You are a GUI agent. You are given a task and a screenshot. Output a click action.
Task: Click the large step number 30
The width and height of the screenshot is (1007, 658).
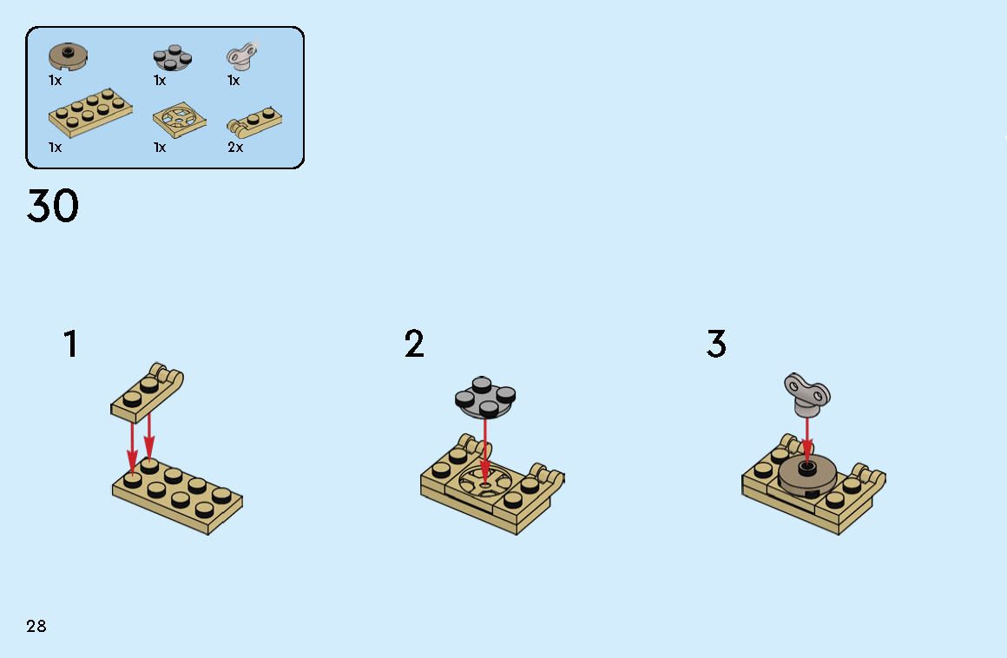point(53,206)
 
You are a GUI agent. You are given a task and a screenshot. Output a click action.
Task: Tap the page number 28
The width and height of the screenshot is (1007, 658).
point(36,626)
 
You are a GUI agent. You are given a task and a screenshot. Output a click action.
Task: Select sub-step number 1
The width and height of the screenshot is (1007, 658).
point(70,344)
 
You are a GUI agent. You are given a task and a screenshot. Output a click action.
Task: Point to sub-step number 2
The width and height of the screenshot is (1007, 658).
point(414,344)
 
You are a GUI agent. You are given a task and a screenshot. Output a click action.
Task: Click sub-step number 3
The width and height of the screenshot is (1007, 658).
point(716,344)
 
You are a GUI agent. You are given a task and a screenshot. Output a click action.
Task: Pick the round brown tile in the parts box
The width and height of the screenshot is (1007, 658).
point(68,56)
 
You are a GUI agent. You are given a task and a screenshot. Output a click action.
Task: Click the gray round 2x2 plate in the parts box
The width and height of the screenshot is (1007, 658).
point(172,58)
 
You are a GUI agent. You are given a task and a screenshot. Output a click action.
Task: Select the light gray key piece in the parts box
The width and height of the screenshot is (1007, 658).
point(241,56)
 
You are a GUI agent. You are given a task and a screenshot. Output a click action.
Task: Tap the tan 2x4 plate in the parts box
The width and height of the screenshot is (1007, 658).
point(90,113)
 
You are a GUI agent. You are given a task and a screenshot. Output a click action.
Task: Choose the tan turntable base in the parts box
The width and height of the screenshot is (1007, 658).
point(180,120)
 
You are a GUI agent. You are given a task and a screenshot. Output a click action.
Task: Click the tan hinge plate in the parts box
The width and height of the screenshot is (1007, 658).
point(254,122)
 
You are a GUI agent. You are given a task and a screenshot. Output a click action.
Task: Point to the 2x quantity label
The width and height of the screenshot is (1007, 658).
point(235,147)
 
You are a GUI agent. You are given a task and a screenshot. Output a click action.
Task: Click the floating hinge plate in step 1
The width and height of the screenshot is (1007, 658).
point(147,392)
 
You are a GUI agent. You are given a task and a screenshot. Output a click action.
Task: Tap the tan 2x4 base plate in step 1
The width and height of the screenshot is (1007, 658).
point(178,497)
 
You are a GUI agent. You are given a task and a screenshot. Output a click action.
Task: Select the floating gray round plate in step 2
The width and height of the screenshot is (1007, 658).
point(485,397)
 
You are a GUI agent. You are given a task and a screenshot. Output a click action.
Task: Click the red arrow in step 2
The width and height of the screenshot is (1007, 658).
point(485,450)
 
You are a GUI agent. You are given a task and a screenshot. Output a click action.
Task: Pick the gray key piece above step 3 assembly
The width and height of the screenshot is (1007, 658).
point(807,393)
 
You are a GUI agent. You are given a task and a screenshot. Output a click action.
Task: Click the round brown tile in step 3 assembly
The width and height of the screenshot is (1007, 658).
point(807,476)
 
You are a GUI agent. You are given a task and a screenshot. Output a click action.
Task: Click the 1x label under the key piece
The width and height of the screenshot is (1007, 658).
point(234,80)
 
